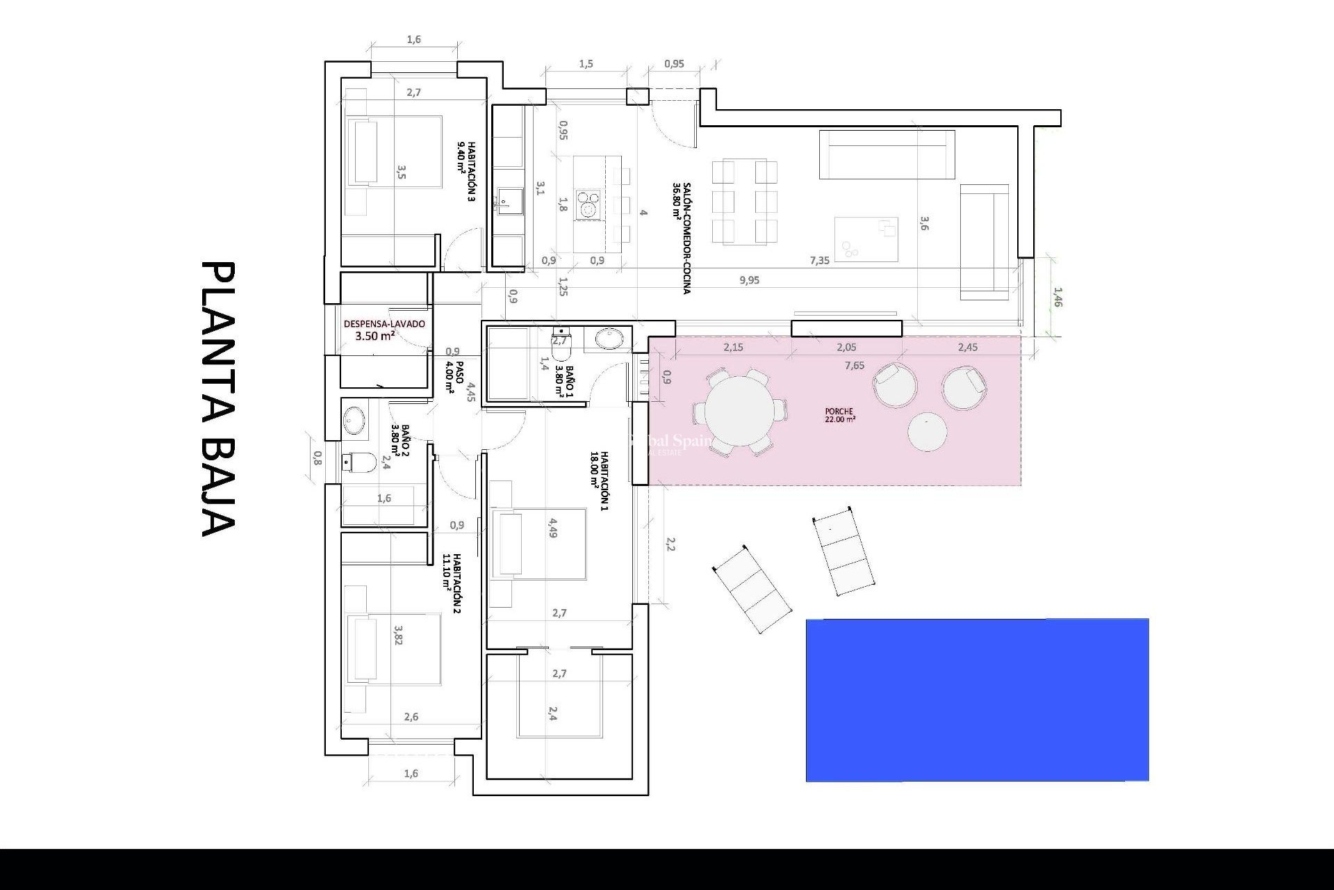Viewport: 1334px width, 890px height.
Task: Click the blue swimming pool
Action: (x=977, y=699)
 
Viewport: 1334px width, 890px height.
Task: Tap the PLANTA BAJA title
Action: (x=218, y=399)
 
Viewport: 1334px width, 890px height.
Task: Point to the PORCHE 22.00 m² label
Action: (x=840, y=415)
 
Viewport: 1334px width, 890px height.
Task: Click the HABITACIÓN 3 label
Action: (x=466, y=171)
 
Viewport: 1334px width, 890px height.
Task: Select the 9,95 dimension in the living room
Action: (x=749, y=280)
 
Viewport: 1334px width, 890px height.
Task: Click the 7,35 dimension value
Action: (x=819, y=261)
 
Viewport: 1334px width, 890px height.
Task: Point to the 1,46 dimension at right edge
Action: (x=1057, y=298)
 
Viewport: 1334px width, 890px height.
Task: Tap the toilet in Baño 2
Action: (x=359, y=462)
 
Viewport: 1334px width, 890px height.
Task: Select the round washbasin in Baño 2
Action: (x=354, y=420)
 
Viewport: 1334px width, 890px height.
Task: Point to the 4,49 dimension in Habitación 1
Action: (x=552, y=528)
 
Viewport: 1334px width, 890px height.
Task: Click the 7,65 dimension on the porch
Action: (x=854, y=366)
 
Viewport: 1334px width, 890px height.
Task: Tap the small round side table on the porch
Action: (x=927, y=432)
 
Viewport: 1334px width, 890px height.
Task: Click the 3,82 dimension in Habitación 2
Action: (x=398, y=635)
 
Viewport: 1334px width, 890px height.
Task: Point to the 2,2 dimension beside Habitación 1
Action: (x=670, y=544)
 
